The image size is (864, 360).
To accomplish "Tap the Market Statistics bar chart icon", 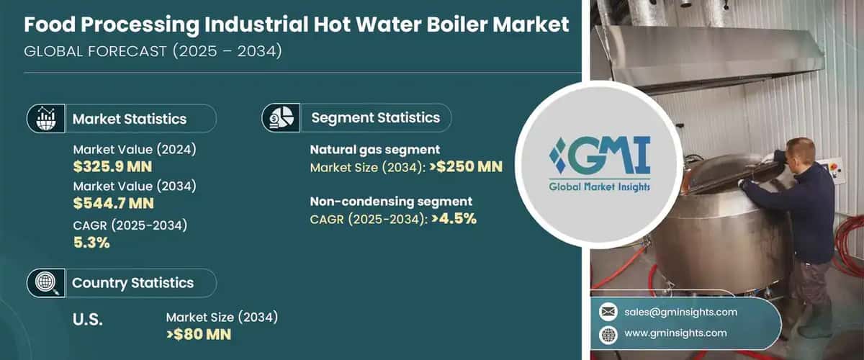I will (46, 118).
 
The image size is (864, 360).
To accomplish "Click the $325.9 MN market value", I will (113, 167).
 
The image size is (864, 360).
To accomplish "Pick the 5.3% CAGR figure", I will (91, 243).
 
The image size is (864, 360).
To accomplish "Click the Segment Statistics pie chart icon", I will (279, 117).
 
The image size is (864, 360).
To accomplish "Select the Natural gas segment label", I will (374, 150).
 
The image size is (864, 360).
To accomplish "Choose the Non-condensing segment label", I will (391, 201).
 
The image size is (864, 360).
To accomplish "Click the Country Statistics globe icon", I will (45, 282).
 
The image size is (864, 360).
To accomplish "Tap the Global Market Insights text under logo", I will (599, 187).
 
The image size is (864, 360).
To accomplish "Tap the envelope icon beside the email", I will (608, 312).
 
